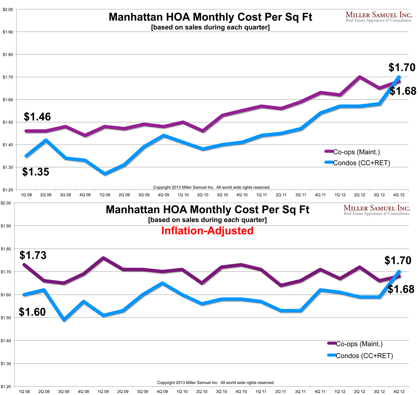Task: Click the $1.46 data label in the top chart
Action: pos(37,117)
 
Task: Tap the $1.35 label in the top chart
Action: pos(36,172)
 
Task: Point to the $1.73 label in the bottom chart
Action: pos(33,255)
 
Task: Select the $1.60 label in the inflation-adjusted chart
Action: pos(32,312)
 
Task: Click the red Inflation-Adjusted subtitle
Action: pos(207,231)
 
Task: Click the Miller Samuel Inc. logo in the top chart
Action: pos(379,17)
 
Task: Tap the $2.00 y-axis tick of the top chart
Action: pos(8,9)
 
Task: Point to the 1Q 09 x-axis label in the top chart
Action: pos(104,195)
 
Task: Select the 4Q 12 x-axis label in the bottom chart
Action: pos(399,392)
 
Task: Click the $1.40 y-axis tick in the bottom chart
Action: pos(8,341)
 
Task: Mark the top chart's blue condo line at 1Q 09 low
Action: pos(104,173)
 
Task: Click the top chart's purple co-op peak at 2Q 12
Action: pos(359,77)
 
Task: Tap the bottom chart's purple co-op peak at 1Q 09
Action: pos(103,258)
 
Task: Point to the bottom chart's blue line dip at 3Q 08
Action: pos(64,319)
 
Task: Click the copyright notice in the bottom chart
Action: pos(216,383)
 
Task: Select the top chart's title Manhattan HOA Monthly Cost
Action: pos(210,17)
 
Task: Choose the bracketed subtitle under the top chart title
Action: pos(210,28)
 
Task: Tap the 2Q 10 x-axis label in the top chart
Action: pos(203,195)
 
